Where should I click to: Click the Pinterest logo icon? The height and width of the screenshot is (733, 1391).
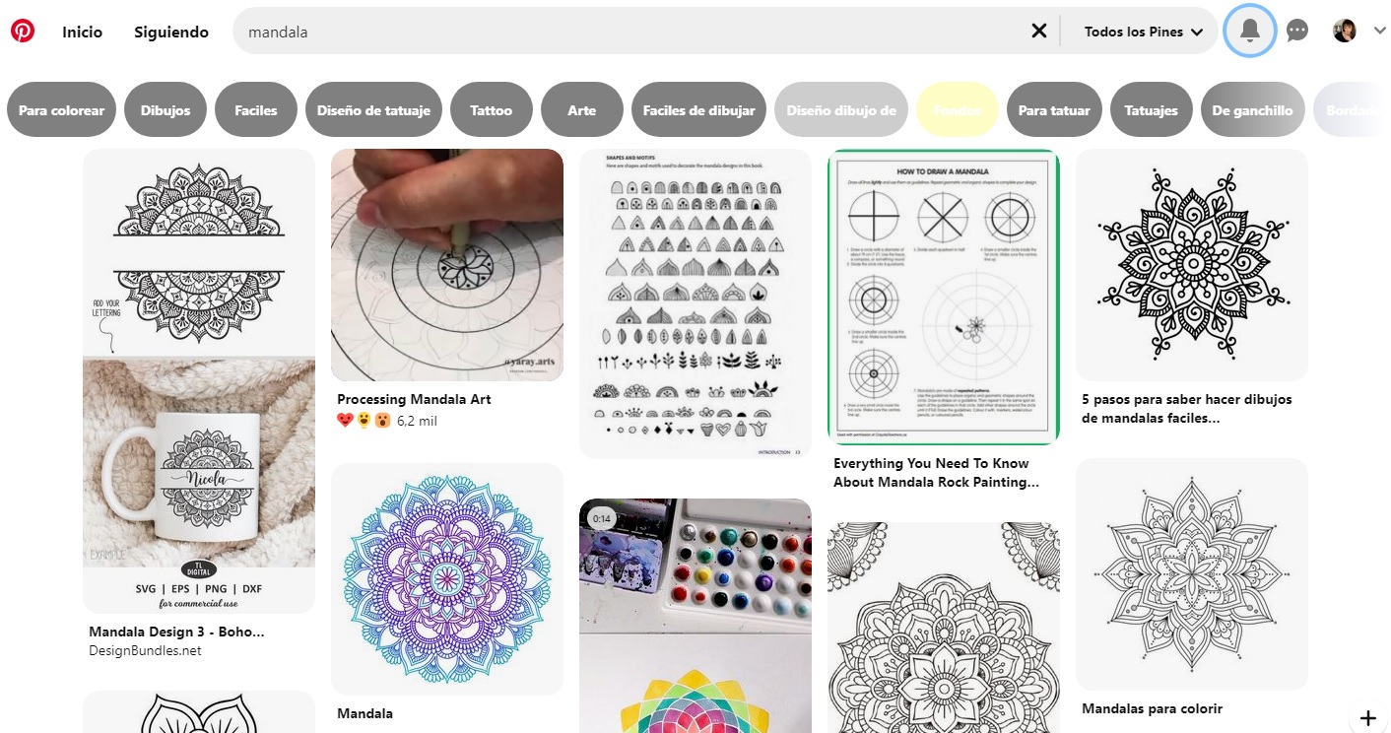23,32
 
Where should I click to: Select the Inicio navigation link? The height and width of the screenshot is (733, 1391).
82,32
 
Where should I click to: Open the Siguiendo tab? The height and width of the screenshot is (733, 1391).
171,32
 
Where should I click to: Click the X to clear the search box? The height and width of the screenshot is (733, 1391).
1038,32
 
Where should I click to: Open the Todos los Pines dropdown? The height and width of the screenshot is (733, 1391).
1143,32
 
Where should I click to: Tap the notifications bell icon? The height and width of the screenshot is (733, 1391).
1250,32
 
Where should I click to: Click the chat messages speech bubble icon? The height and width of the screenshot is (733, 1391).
1297,32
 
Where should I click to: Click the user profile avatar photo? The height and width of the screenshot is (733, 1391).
1345,32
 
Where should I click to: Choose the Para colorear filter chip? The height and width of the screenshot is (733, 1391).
61,110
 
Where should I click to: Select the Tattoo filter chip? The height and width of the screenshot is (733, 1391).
491,110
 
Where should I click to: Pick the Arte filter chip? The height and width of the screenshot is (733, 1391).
581,110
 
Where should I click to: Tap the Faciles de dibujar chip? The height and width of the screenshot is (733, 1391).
698,110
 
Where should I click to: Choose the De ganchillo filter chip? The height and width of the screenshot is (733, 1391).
1252,110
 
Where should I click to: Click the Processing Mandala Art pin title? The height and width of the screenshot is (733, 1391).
414,399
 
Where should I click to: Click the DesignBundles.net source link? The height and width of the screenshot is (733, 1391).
145,650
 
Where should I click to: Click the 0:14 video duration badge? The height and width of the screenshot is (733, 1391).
602,518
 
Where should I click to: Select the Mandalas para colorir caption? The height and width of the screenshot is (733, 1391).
1152,708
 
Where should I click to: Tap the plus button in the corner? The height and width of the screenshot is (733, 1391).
1367,717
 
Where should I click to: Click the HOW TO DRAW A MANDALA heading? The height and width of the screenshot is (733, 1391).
943,171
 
